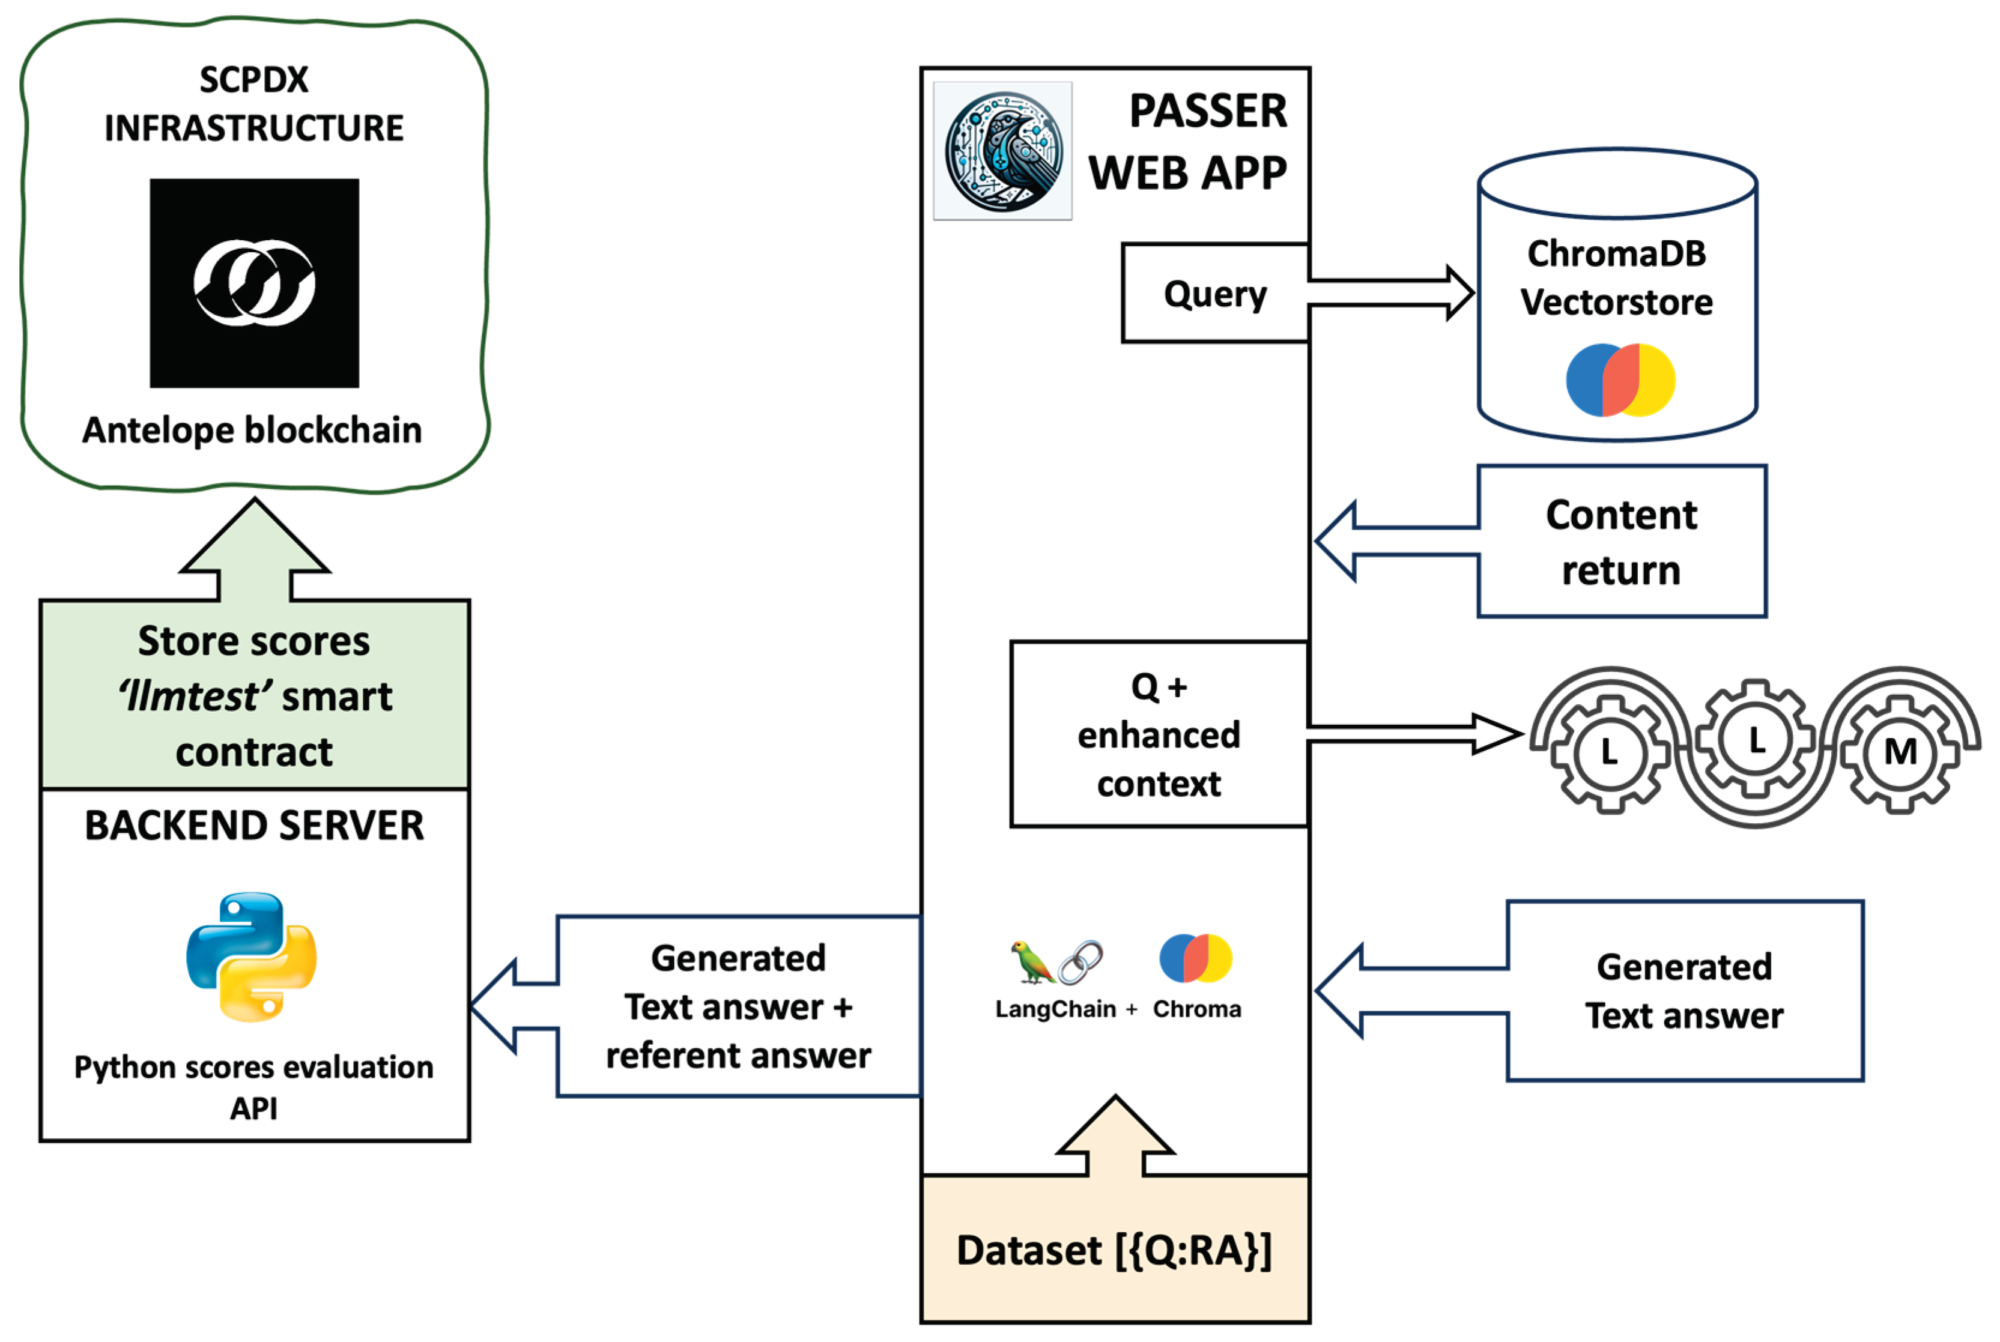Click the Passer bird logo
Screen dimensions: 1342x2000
1002,151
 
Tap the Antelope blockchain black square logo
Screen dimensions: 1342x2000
254,283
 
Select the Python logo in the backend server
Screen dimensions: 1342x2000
252,957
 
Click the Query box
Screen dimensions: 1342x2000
1215,294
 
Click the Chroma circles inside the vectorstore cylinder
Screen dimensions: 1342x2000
1620,380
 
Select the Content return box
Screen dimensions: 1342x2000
1622,542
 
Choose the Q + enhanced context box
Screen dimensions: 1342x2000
1159,734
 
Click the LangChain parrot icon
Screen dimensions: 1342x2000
1032,962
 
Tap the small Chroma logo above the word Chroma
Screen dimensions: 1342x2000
1195,958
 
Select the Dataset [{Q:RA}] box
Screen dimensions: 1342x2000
1115,1250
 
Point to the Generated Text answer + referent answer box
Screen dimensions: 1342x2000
738,1006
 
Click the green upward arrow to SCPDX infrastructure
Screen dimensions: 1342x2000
254,548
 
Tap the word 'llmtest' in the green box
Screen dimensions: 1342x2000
190,696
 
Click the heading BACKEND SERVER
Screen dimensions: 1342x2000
254,826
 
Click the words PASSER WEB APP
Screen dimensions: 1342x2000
1189,142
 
